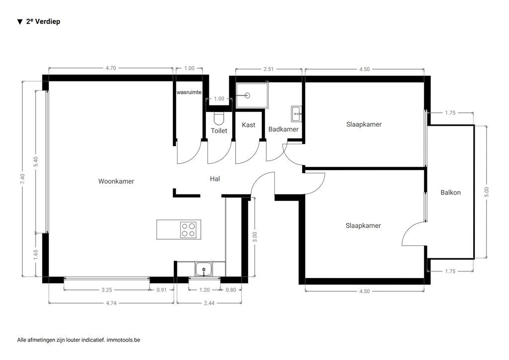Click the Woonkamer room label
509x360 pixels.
pos(116,181)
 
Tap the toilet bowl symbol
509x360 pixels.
pos(219,118)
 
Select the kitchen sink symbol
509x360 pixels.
pos(203,270)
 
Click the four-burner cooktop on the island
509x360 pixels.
pos(188,229)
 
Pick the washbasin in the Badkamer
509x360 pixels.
pos(296,114)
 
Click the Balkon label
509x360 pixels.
pos(450,192)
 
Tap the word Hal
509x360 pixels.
pos(215,179)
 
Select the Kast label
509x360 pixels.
pos(249,125)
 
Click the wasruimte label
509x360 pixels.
pos(188,92)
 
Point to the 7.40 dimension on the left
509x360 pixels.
pos(22,180)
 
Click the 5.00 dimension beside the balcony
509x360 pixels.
pos(486,192)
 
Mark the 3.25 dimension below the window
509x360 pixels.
pos(106,290)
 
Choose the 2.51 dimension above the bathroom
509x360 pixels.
pos(268,69)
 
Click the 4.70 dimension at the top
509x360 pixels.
pos(110,69)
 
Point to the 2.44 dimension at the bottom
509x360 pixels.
pos(209,302)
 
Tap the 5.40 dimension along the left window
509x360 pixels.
pos(35,162)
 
